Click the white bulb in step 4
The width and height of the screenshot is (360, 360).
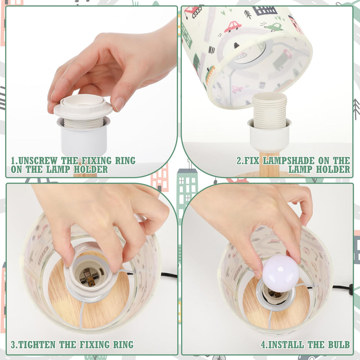tap(281, 273)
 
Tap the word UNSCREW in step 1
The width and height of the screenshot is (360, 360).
tap(38, 160)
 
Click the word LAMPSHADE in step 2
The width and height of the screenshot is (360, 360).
tap(289, 160)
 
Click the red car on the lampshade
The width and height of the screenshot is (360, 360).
tap(232, 26)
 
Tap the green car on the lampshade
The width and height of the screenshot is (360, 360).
tap(274, 27)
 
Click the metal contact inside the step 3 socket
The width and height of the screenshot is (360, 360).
tap(88, 277)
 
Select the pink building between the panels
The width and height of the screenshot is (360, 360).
tap(160, 178)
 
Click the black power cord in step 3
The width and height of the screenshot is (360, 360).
tap(169, 275)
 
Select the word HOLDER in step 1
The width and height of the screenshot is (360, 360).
tap(91, 169)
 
